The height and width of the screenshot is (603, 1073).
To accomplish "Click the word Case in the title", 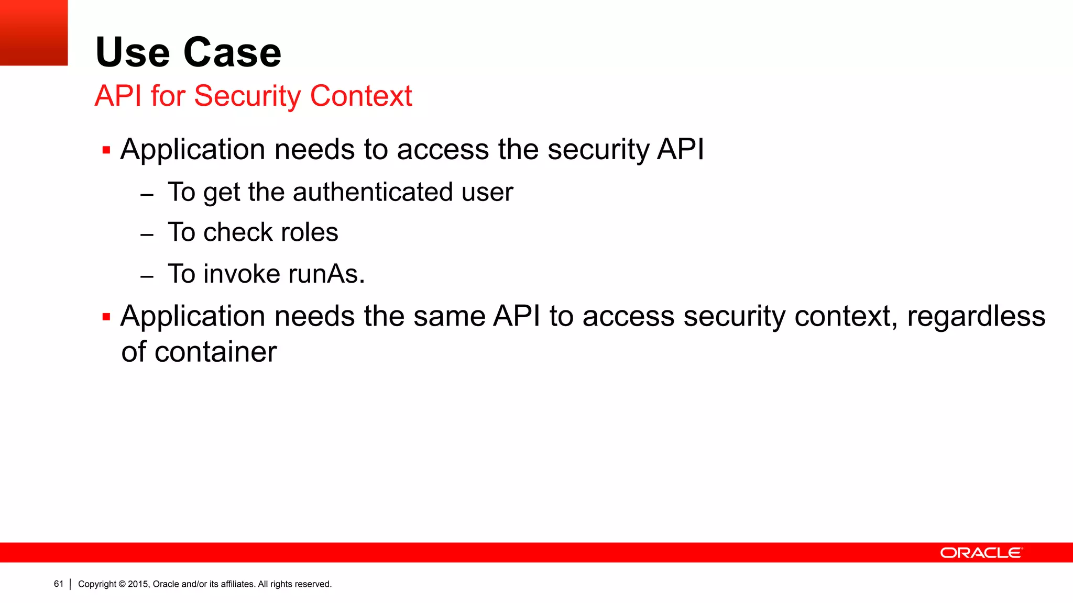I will click(232, 52).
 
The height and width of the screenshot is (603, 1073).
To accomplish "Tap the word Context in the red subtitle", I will click(361, 96).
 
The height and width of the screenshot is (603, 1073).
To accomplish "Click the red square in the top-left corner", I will click(34, 32).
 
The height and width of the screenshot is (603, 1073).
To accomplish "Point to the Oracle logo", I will click(981, 553).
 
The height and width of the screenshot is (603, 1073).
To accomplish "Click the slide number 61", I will click(58, 584).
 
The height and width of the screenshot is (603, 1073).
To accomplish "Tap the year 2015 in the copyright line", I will click(138, 584).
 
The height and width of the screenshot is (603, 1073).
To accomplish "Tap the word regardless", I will click(976, 316).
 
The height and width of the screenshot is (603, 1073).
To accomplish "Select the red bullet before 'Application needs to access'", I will click(106, 150).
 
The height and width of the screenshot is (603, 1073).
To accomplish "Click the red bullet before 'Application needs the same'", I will click(106, 317).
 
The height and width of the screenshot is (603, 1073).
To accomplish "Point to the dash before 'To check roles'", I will click(147, 235).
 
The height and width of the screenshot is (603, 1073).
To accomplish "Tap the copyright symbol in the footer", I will click(122, 584).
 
